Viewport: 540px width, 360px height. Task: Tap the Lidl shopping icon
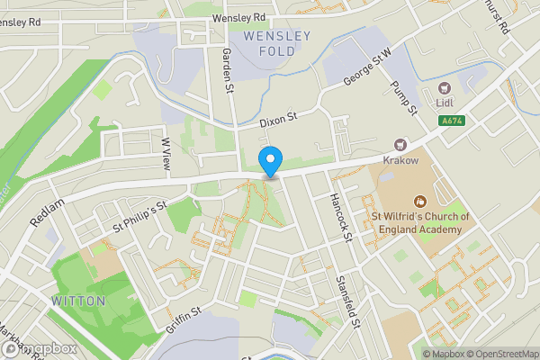(x=445, y=88)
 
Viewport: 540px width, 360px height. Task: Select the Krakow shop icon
(x=401, y=144)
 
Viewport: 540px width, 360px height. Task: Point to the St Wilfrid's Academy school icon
(x=418, y=202)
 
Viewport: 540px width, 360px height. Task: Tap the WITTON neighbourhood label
(x=78, y=300)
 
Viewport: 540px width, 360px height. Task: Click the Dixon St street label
(x=277, y=119)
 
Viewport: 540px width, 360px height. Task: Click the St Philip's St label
(x=139, y=217)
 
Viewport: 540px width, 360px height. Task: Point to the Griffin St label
(x=183, y=319)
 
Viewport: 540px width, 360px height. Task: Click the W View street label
(x=166, y=154)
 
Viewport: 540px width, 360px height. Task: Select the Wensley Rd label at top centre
(x=238, y=17)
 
